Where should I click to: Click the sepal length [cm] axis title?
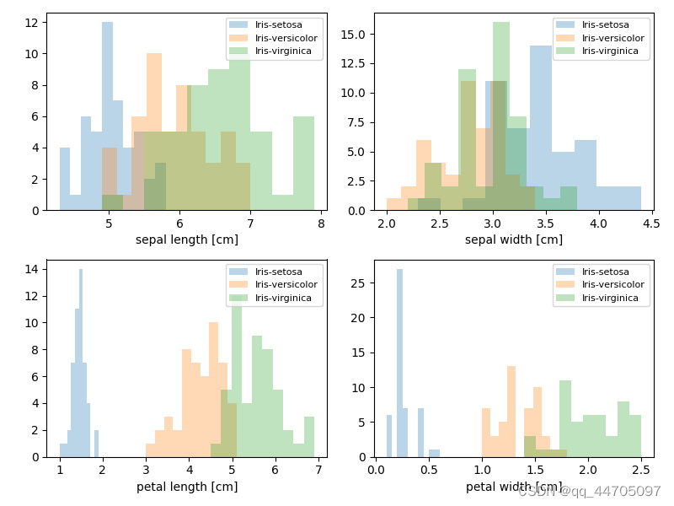[187, 240]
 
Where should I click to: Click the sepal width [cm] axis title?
[514, 240]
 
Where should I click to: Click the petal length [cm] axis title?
[187, 487]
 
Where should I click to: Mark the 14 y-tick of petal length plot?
[34, 270]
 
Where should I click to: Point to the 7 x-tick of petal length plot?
[318, 470]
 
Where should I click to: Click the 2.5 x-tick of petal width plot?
[641, 470]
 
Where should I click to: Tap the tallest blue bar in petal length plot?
[81, 363]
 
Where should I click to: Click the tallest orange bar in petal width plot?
[511, 412]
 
